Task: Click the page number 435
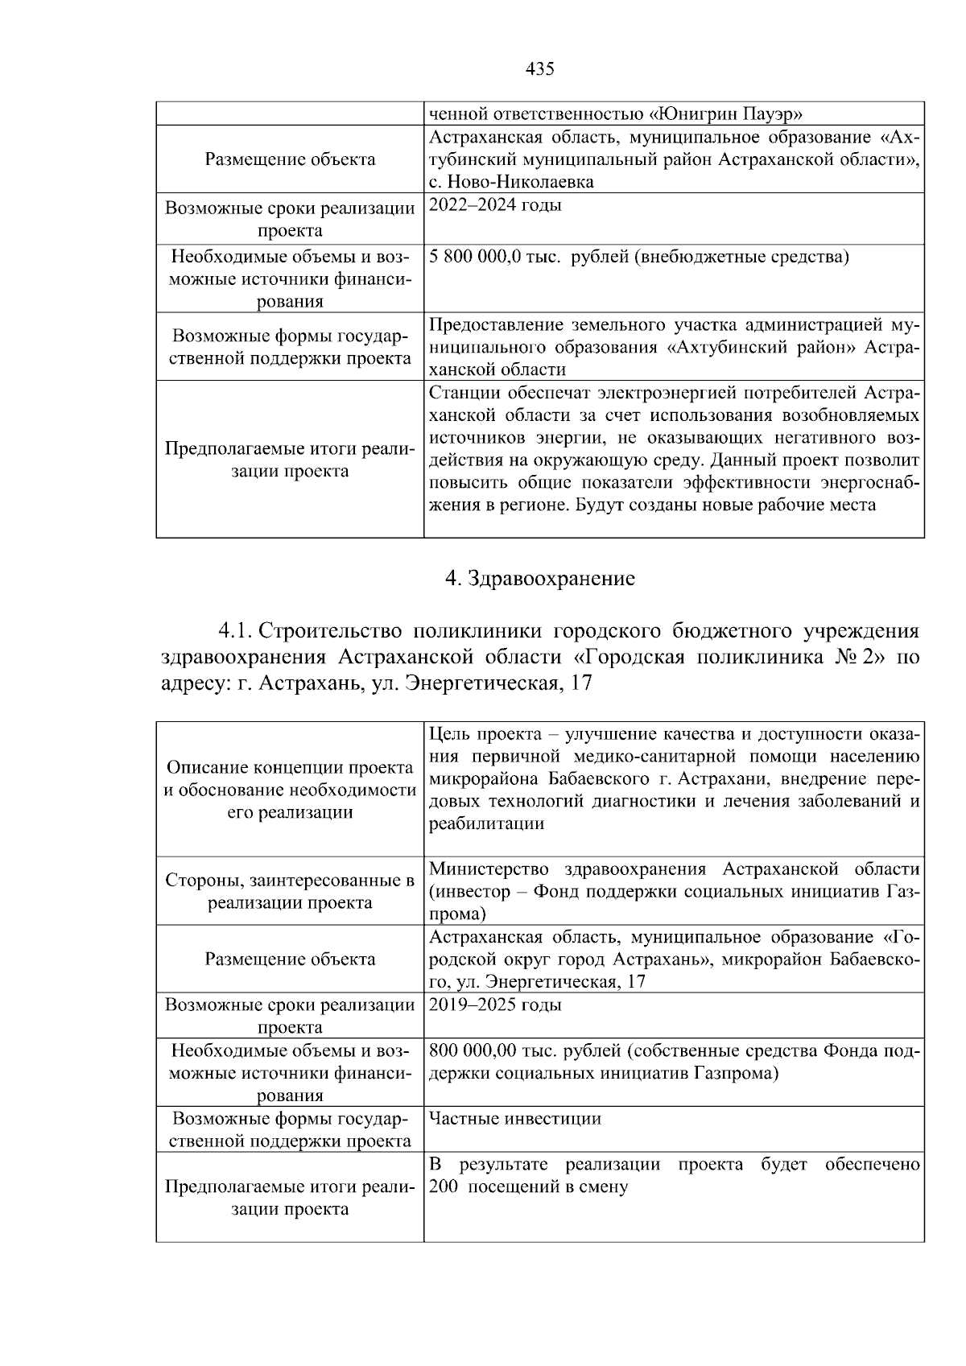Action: coord(539,69)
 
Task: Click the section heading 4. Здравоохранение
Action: coord(539,578)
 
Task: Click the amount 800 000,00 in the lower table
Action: coord(471,1050)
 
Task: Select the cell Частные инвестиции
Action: coord(515,1119)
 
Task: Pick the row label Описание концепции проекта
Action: coord(290,768)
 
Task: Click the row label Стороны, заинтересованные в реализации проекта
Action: coord(290,891)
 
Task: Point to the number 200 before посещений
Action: coord(443,1187)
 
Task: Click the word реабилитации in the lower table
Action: coord(486,824)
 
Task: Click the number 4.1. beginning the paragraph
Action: coord(235,629)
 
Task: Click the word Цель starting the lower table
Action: coord(448,734)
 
